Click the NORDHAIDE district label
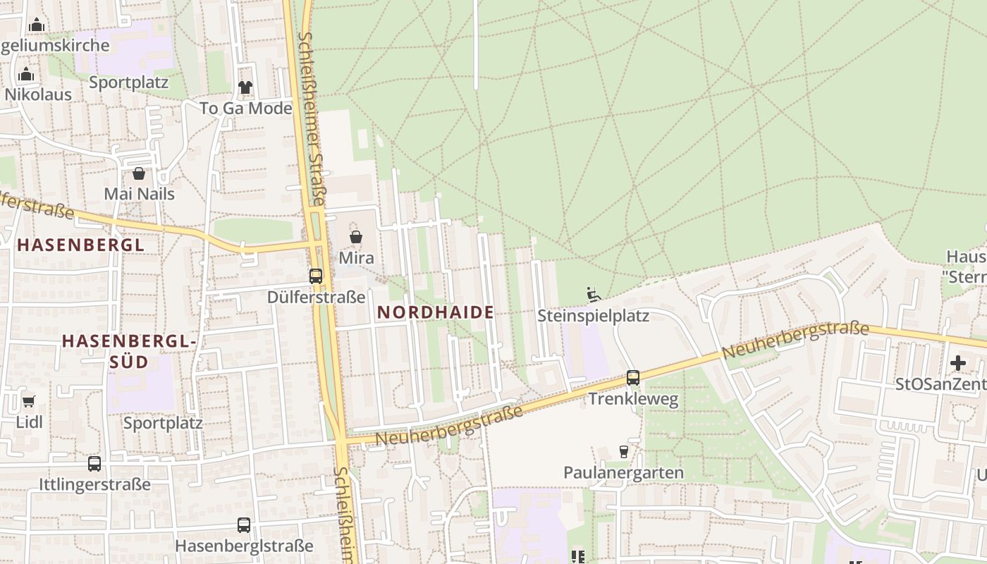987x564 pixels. tap(435, 312)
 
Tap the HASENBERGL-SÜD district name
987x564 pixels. tap(128, 351)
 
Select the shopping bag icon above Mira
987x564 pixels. tap(356, 238)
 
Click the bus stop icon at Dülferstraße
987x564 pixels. tap(316, 276)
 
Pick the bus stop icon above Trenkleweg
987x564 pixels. tap(633, 378)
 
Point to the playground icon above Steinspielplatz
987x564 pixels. tap(594, 295)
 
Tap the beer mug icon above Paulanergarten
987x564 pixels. tap(623, 451)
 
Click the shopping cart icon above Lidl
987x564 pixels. tap(28, 402)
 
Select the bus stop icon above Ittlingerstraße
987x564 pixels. tap(94, 464)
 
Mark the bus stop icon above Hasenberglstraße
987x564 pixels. tap(244, 525)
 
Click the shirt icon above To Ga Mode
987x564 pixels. tap(245, 87)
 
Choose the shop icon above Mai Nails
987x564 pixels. tap(139, 173)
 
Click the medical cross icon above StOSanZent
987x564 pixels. tap(958, 364)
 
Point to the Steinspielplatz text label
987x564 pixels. tap(593, 316)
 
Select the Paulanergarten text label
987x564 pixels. tap(623, 472)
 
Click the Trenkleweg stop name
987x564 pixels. tap(633, 400)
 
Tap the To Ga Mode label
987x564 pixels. tap(245, 109)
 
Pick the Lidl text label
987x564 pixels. tap(29, 422)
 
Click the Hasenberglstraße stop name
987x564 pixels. tap(244, 546)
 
